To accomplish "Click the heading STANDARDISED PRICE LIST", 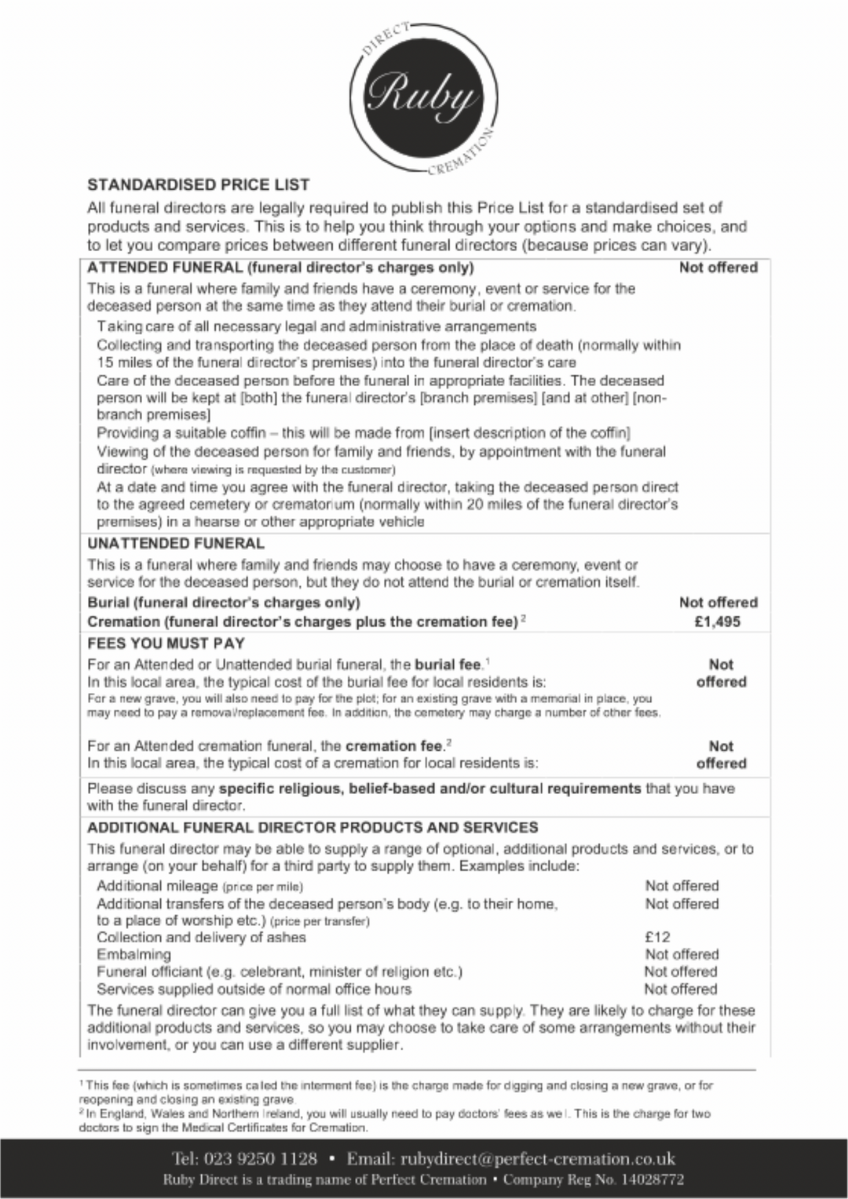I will coord(199,185).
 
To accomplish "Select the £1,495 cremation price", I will coord(718,622).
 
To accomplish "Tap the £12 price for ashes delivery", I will coord(657,937).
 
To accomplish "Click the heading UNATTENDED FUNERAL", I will coord(176,543).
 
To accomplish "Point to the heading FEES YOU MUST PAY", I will coord(166,643).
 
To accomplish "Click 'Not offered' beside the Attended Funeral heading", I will coord(718,268).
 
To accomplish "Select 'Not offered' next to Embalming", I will coord(682,954).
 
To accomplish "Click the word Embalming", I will coord(133,954).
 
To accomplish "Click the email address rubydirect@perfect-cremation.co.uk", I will coord(538,1159).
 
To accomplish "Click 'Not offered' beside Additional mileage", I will coord(682,886).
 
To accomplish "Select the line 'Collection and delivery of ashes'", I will coord(201,937).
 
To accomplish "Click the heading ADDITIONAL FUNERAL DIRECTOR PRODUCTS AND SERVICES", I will coord(313,827).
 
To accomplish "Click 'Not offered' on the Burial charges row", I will coord(718,603).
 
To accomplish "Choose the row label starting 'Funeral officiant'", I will coord(280,971).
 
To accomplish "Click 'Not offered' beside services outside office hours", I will coord(682,989).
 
